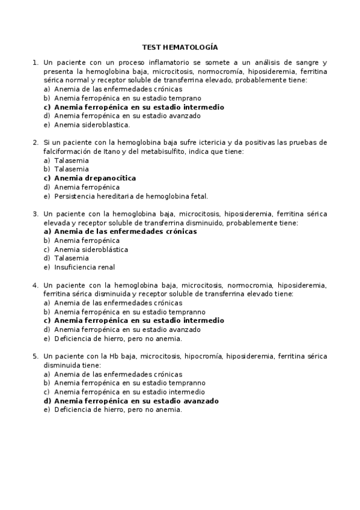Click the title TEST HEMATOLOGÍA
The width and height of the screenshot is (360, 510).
(x=180, y=46)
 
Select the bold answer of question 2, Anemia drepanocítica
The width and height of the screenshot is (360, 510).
(x=94, y=178)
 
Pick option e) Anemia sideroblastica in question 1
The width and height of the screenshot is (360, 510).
(x=91, y=125)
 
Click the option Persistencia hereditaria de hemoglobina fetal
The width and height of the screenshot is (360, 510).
(x=130, y=196)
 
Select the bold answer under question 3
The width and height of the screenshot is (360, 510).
(x=125, y=231)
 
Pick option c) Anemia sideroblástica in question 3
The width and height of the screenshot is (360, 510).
(x=91, y=249)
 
